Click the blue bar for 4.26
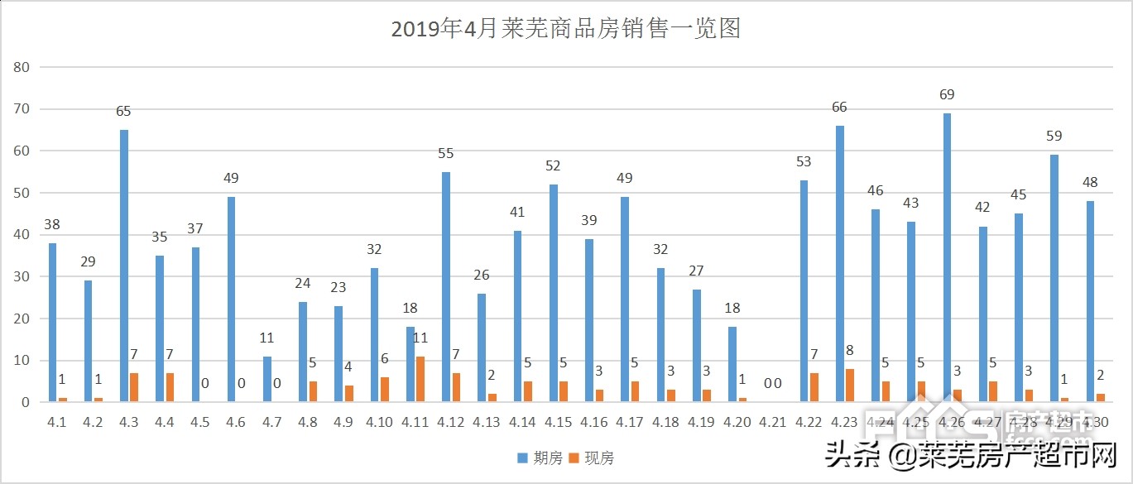point(948,258)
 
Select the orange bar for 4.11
point(420,380)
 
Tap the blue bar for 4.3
point(124,266)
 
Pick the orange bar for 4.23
point(850,386)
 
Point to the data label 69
point(947,95)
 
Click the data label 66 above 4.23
point(839,108)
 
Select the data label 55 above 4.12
point(445,153)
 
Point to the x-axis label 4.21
point(772,423)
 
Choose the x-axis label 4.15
point(558,423)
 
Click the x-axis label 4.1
point(56,423)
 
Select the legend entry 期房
point(540,458)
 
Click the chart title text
point(565,30)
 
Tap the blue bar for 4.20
point(732,365)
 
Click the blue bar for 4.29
point(1054,279)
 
